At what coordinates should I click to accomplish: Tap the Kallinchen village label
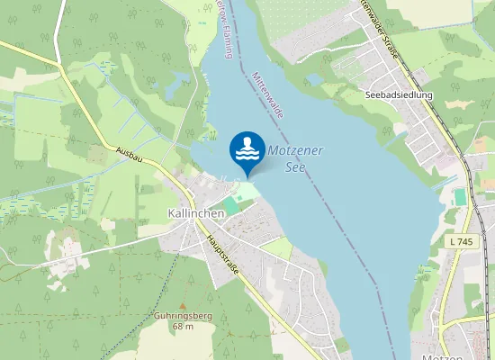click(x=195, y=213)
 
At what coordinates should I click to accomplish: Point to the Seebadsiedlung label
click(x=400, y=94)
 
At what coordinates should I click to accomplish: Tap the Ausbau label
click(x=130, y=154)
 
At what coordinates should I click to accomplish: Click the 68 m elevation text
click(x=183, y=326)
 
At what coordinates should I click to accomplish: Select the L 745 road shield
click(x=462, y=242)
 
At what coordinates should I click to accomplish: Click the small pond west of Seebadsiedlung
click(x=315, y=79)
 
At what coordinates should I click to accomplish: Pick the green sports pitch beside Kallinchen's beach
click(x=231, y=206)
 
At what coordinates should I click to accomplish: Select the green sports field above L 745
click(x=461, y=196)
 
